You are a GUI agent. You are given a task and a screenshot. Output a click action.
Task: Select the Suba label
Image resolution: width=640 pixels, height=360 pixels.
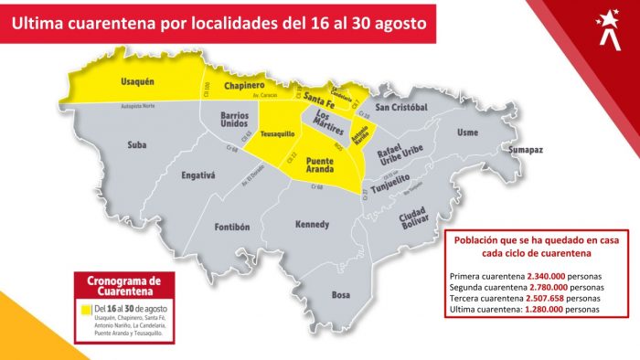pyautogui.click(x=137, y=143)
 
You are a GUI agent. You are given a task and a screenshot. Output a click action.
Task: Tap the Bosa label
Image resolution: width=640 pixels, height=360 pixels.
pyautogui.click(x=340, y=294)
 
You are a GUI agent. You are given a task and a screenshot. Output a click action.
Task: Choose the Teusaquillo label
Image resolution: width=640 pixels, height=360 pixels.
pyautogui.click(x=277, y=133)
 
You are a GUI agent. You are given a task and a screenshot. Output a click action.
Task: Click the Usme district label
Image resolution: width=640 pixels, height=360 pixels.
pyautogui.click(x=466, y=132)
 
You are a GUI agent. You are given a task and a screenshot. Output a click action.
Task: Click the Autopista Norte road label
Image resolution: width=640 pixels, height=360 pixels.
pyautogui.click(x=138, y=106)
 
